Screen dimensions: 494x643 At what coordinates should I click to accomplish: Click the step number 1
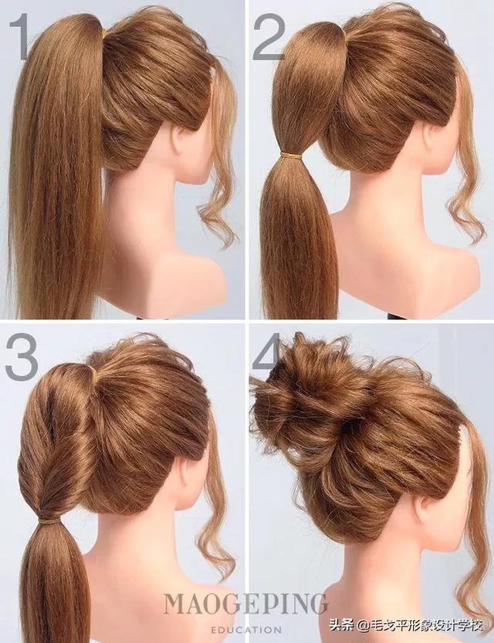point(19,36)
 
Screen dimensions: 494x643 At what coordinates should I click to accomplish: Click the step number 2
point(269,36)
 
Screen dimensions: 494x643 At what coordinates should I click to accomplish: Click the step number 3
point(22,356)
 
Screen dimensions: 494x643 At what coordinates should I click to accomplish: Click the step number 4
point(267,353)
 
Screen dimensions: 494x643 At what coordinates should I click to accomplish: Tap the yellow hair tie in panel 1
point(104,34)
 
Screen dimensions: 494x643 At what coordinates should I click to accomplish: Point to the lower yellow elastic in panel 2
point(291,156)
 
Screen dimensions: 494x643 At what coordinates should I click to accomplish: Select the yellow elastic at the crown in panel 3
point(93,374)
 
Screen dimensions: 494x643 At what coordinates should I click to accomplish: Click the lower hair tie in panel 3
point(49,521)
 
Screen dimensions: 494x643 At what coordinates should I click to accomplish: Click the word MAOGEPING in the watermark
point(246,603)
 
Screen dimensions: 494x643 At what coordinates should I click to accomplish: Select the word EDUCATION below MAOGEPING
point(246,629)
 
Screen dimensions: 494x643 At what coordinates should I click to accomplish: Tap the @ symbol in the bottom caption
point(363,627)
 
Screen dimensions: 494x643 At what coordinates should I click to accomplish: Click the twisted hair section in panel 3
point(53,443)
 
